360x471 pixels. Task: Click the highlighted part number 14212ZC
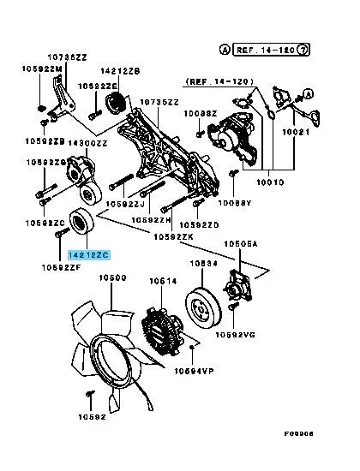[89, 253]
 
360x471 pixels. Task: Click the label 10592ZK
[171, 236]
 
